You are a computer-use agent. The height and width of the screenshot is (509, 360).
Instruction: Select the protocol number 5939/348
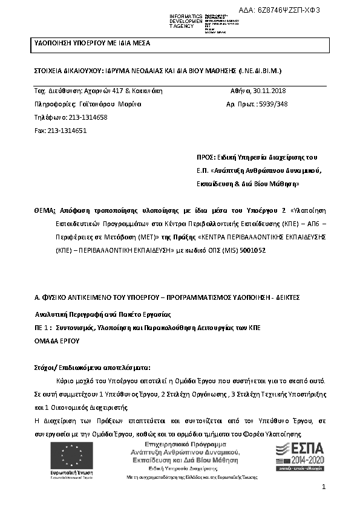(x=273, y=104)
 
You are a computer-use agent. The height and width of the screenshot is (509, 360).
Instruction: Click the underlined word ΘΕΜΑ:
(x=45, y=210)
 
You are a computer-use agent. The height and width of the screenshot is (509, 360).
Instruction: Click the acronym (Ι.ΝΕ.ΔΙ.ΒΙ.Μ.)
(x=260, y=71)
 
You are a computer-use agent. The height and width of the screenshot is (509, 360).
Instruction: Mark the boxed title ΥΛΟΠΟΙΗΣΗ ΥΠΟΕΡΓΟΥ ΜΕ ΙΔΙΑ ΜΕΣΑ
(x=91, y=44)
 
